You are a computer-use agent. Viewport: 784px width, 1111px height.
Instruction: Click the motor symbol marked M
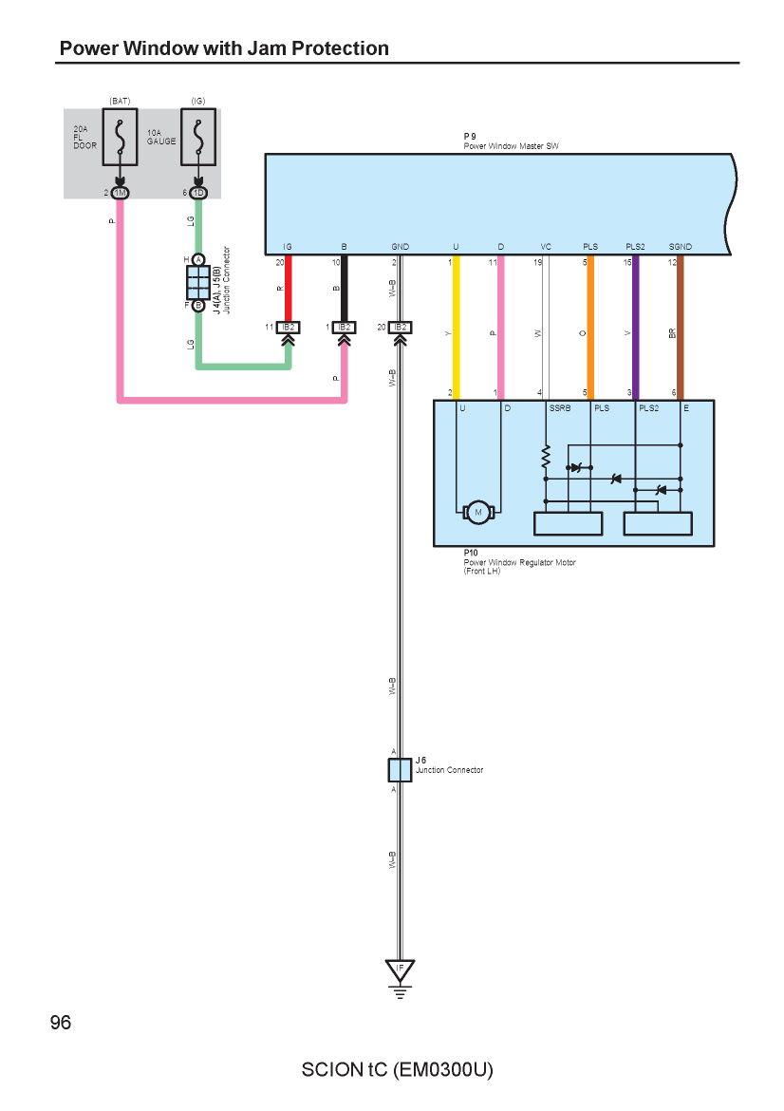[478, 512]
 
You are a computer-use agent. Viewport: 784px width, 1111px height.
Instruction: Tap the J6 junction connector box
[400, 769]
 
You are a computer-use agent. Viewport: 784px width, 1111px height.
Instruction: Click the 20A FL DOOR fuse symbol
[120, 138]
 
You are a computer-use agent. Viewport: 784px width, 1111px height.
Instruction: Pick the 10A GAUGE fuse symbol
[198, 138]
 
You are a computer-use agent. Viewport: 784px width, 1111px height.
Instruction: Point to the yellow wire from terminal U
[457, 328]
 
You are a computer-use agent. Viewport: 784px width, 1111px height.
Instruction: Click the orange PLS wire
[590, 328]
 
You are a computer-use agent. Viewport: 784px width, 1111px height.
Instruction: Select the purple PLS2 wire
[635, 328]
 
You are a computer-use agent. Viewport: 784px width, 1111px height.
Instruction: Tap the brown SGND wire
[680, 328]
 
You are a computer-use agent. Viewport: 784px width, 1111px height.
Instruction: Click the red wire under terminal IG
[289, 289]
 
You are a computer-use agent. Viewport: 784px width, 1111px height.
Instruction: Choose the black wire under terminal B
[345, 289]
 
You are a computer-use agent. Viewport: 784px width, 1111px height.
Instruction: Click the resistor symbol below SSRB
[546, 457]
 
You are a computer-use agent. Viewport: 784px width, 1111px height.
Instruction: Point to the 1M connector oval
[120, 193]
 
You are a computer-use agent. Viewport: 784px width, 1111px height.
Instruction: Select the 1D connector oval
[198, 193]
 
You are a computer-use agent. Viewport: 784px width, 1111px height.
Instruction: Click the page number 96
[61, 1023]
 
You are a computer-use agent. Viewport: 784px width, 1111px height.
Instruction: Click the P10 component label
[471, 553]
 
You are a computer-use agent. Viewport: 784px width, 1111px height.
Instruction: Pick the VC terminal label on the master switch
[546, 247]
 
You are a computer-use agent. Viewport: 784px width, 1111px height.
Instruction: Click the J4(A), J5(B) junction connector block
[198, 283]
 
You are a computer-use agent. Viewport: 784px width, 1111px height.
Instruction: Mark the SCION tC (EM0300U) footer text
[398, 1069]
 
